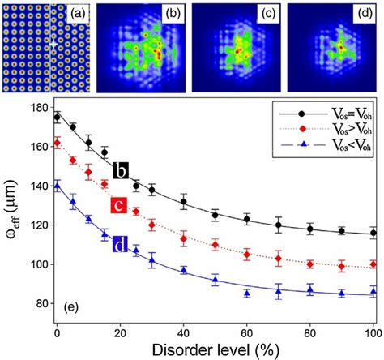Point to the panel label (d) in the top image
[365, 12]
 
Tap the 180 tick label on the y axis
[36, 107]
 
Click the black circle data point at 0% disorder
[57, 118]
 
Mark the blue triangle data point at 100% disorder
[373, 292]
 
